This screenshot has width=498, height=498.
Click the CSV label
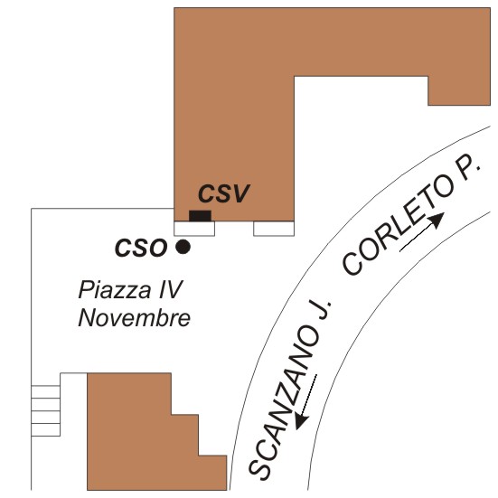pyautogui.click(x=224, y=193)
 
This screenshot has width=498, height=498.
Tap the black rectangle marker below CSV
pyautogui.click(x=200, y=216)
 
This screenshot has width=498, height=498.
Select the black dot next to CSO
pyautogui.click(x=183, y=247)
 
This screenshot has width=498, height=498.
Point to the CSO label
pyautogui.click(x=141, y=248)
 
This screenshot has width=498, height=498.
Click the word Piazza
pyautogui.click(x=115, y=291)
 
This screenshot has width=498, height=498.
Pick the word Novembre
pyautogui.click(x=134, y=318)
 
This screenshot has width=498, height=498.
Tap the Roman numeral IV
pyautogui.click(x=171, y=289)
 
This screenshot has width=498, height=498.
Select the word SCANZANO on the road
pyautogui.click(x=284, y=401)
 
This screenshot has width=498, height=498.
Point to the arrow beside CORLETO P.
pyautogui.click(x=422, y=232)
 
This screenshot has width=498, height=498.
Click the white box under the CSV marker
pyautogui.click(x=194, y=229)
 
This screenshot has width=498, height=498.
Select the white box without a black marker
pyautogui.click(x=274, y=229)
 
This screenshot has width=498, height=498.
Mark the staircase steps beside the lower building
pyautogui.click(x=46, y=410)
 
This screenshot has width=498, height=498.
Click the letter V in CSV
pyautogui.click(x=240, y=193)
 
